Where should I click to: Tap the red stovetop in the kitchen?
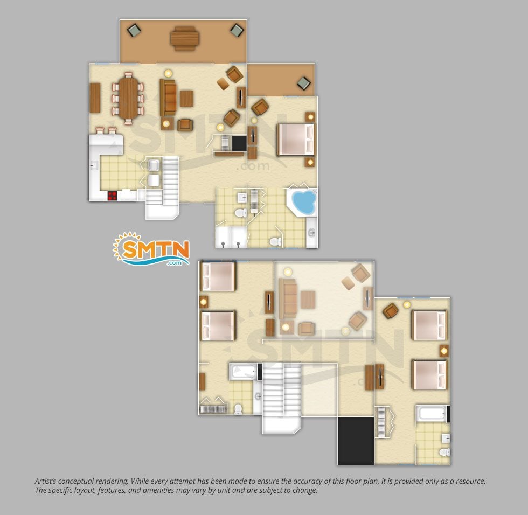[x=112, y=196]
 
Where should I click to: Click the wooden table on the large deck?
[x=184, y=38]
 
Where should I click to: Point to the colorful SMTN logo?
[x=151, y=249]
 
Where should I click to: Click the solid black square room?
[x=356, y=441]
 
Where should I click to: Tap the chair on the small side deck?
[x=304, y=83]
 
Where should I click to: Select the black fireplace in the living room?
[x=239, y=143]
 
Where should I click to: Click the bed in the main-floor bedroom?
[x=296, y=140]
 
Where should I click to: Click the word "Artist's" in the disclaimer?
[x=45, y=482]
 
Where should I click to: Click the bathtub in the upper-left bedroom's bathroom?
[x=243, y=372]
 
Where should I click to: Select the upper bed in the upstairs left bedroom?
[x=218, y=276]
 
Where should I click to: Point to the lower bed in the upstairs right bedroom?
[x=429, y=375]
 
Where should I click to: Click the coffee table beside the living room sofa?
[x=186, y=99]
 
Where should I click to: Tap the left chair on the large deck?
[x=134, y=30]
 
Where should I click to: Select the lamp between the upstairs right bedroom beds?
[x=444, y=351]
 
